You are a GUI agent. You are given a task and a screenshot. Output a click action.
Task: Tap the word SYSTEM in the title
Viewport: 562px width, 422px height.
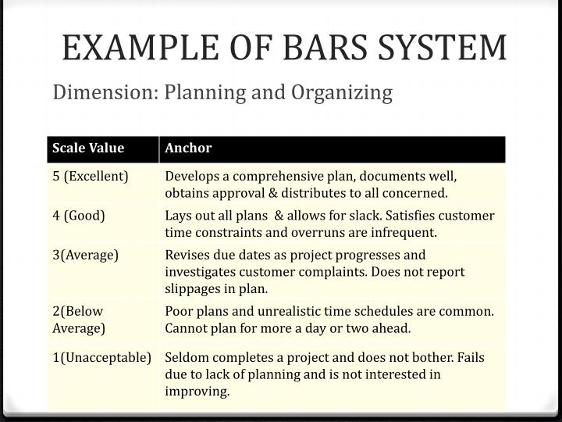[446, 48]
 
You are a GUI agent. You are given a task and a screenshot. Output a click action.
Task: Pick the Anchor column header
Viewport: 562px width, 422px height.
[188, 148]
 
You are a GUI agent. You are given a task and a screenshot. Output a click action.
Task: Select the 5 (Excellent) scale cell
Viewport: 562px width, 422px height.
[91, 176]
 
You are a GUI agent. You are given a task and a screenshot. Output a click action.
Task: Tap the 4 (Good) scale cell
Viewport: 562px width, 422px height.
[79, 216]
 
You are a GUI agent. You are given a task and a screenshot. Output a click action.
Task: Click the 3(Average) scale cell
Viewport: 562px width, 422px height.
[86, 255]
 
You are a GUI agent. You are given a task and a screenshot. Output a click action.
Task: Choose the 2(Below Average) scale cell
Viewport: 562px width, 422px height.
[79, 319]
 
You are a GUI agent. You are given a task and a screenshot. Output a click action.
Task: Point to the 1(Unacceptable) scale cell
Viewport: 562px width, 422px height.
[102, 358]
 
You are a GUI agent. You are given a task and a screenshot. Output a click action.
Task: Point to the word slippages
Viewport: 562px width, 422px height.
[192, 288]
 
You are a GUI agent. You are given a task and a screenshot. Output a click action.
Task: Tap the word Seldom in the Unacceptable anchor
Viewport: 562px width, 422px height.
[186, 358]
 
